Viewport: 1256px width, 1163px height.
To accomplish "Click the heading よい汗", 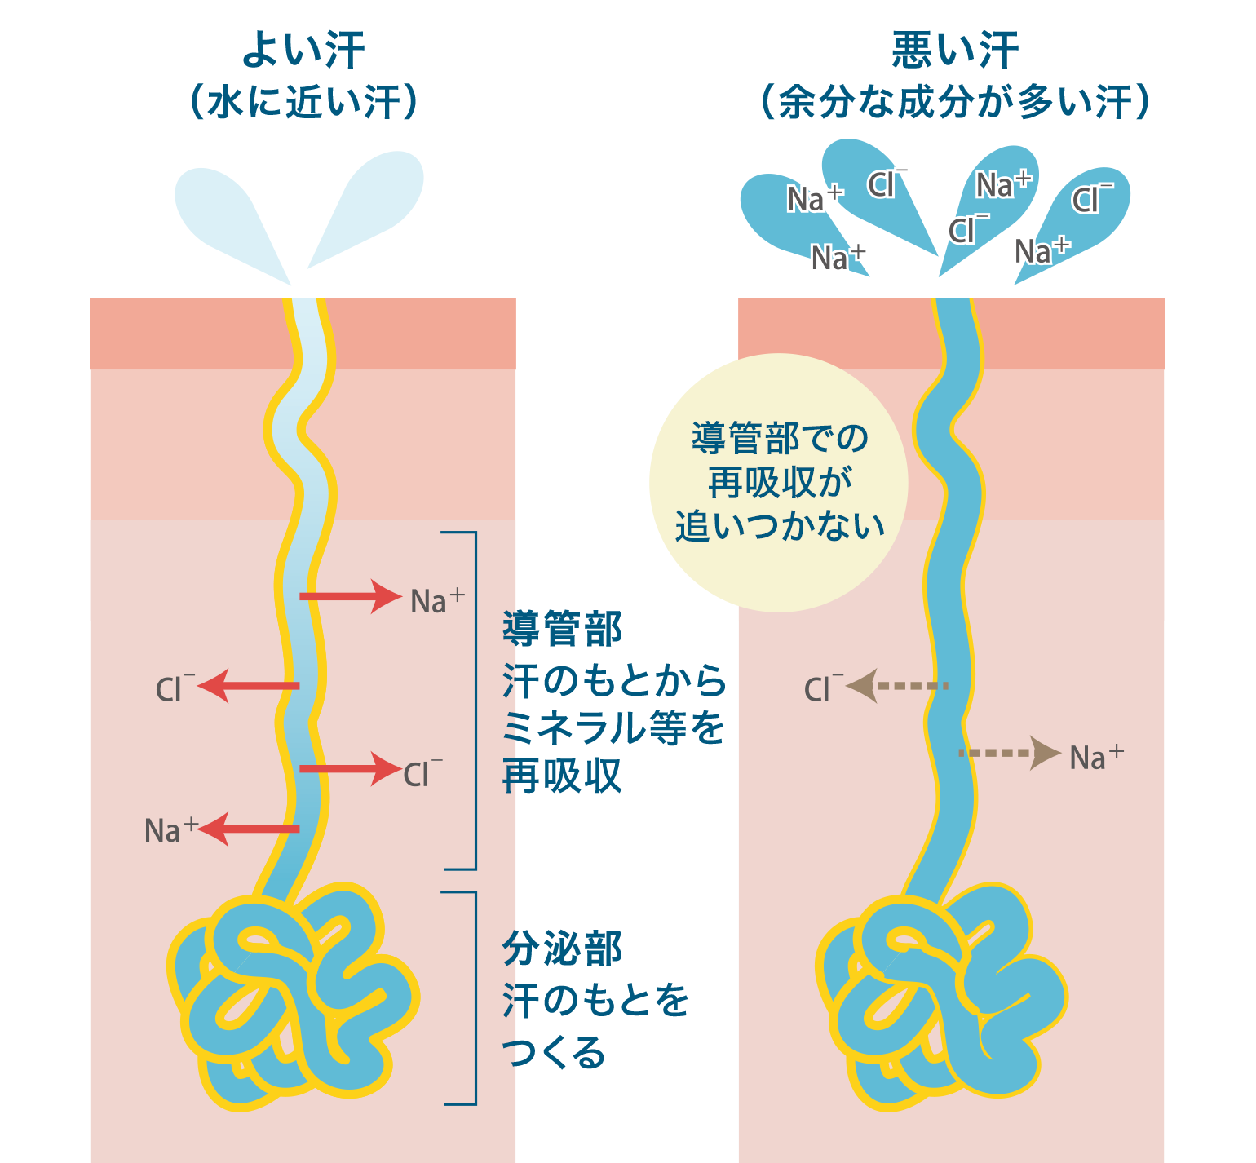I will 303,51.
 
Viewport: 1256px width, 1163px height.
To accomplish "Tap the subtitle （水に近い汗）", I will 303,104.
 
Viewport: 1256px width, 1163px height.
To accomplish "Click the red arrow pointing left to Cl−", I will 250,686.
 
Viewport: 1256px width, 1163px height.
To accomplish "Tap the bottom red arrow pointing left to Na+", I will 250,829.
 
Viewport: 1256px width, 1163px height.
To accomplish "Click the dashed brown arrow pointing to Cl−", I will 897,686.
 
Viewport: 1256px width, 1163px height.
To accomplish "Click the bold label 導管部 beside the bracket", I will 563,629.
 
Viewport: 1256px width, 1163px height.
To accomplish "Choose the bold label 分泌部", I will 563,949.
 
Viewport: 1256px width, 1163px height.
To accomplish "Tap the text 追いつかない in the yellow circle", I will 780,526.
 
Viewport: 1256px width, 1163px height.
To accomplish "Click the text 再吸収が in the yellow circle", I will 780,482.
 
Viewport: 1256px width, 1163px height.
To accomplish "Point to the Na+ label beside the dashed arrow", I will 1095,757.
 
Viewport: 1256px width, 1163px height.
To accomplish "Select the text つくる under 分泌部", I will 555,1052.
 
